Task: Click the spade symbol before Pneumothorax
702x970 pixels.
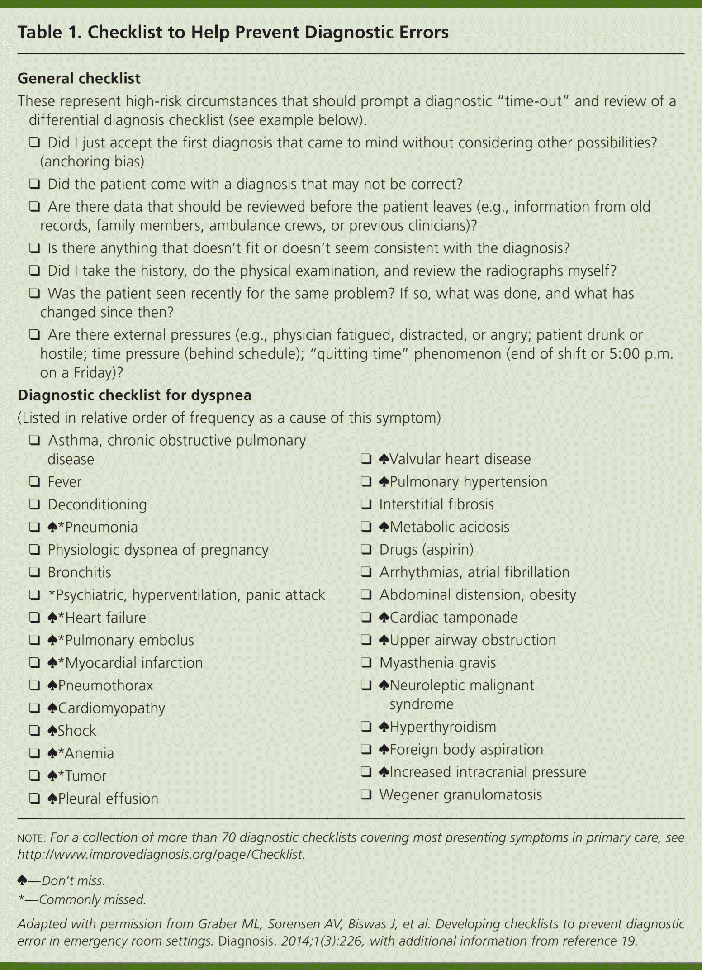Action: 52,685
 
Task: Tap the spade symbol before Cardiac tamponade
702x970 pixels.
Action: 384,617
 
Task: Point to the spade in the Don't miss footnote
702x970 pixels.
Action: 22,880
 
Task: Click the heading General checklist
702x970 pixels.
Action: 79,79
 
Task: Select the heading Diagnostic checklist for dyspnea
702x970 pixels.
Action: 134,395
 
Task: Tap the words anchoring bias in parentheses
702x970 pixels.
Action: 92,162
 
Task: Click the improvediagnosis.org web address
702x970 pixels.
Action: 161,854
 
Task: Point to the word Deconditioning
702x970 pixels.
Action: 97,504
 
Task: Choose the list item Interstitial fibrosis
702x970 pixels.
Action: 436,504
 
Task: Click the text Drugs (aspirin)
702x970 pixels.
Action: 426,550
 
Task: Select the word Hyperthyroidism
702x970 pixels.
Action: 443,727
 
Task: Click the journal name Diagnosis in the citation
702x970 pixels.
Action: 246,941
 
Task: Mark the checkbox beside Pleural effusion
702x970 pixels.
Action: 34,798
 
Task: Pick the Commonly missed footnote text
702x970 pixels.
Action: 92,899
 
